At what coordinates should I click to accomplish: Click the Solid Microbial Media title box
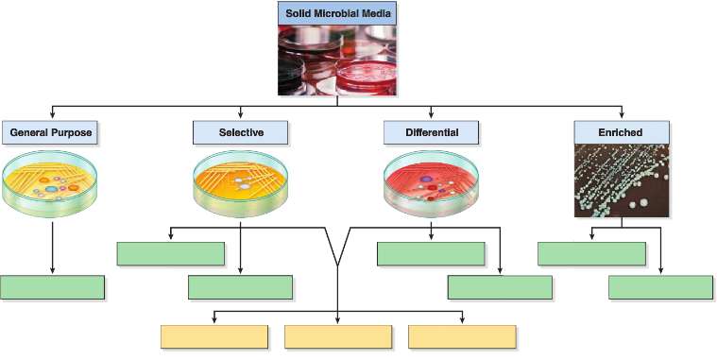point(336,13)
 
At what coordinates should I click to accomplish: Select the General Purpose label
point(51,133)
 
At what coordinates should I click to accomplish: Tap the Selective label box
point(241,133)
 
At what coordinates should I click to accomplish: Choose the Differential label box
point(432,133)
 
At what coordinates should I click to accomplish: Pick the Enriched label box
point(621,133)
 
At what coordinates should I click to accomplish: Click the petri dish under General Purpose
point(52,182)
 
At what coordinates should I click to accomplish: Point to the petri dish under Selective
point(241,182)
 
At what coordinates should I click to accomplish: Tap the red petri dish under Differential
point(432,182)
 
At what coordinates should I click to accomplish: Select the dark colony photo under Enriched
point(621,181)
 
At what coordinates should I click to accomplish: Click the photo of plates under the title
point(336,60)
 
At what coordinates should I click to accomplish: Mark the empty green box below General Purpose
point(52,287)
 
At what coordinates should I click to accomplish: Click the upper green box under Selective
point(170,253)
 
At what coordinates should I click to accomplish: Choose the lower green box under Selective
point(240,287)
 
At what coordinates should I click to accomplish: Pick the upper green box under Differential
point(430,253)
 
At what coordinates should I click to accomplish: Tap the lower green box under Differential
point(500,287)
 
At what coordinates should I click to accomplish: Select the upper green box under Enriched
point(591,253)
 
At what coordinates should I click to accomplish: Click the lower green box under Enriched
point(660,287)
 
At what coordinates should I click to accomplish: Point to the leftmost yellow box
point(214,336)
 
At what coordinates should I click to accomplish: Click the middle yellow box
point(338,336)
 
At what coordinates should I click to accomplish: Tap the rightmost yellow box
point(462,336)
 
